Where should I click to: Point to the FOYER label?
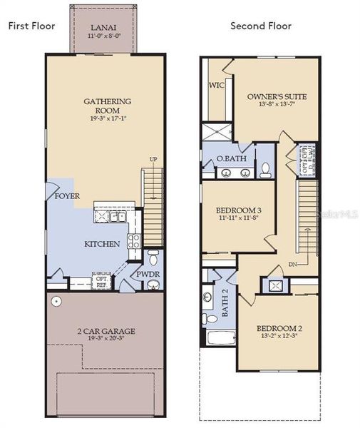pyautogui.click(x=67, y=195)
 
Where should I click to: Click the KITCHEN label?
pyautogui.click(x=103, y=244)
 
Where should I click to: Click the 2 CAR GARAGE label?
pyautogui.click(x=106, y=331)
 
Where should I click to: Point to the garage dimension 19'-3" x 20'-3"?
pyautogui.click(x=106, y=340)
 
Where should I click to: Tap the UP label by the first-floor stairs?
pyautogui.click(x=153, y=159)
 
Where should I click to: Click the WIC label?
pyautogui.click(x=217, y=84)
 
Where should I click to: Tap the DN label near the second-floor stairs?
pyautogui.click(x=292, y=263)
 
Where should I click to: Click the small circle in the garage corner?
pyautogui.click(x=56, y=302)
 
